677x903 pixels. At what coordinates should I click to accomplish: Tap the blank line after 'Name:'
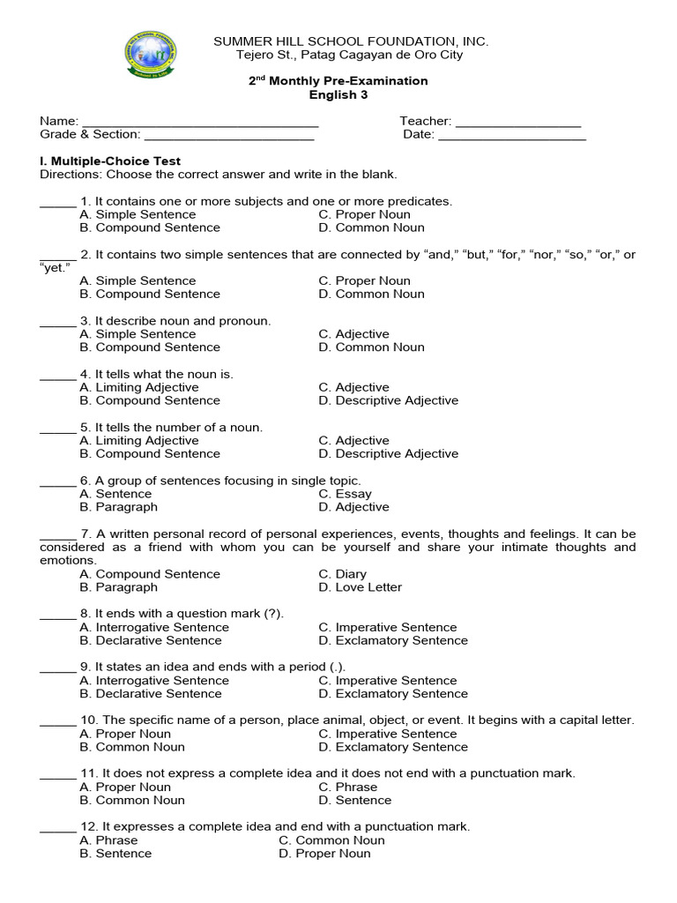pyautogui.click(x=199, y=123)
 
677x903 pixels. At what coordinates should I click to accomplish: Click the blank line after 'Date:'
pyautogui.click(x=512, y=136)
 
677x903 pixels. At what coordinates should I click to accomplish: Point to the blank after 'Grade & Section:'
pyautogui.click(x=228, y=136)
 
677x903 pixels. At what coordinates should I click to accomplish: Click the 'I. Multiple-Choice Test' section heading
pyautogui.click(x=110, y=161)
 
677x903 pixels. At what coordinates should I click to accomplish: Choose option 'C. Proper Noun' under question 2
pyautogui.click(x=364, y=280)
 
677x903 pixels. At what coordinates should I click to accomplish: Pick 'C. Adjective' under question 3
pyautogui.click(x=353, y=334)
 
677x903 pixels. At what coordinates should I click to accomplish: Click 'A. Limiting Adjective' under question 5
pyautogui.click(x=139, y=440)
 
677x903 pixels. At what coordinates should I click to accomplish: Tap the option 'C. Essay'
pyautogui.click(x=345, y=494)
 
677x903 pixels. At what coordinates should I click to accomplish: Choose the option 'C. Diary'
pyautogui.click(x=342, y=574)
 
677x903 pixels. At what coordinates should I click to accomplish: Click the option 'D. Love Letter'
pyautogui.click(x=360, y=587)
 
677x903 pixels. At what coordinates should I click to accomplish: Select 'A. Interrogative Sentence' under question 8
pyautogui.click(x=154, y=627)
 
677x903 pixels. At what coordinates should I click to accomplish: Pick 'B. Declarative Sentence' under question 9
pyautogui.click(x=150, y=694)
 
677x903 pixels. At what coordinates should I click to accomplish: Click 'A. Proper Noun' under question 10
pyautogui.click(x=125, y=734)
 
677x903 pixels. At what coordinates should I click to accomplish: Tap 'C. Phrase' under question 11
pyautogui.click(x=347, y=787)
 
